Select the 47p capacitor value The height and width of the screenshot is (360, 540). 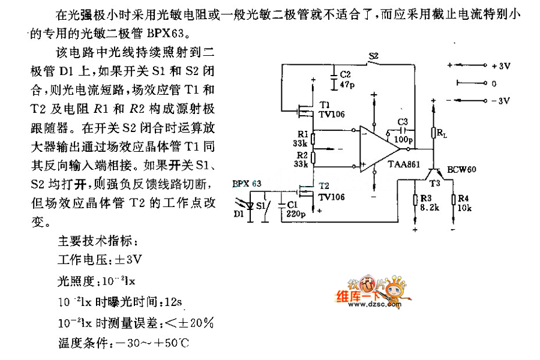click(x=346, y=85)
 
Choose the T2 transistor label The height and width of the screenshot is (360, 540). click(x=325, y=186)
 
